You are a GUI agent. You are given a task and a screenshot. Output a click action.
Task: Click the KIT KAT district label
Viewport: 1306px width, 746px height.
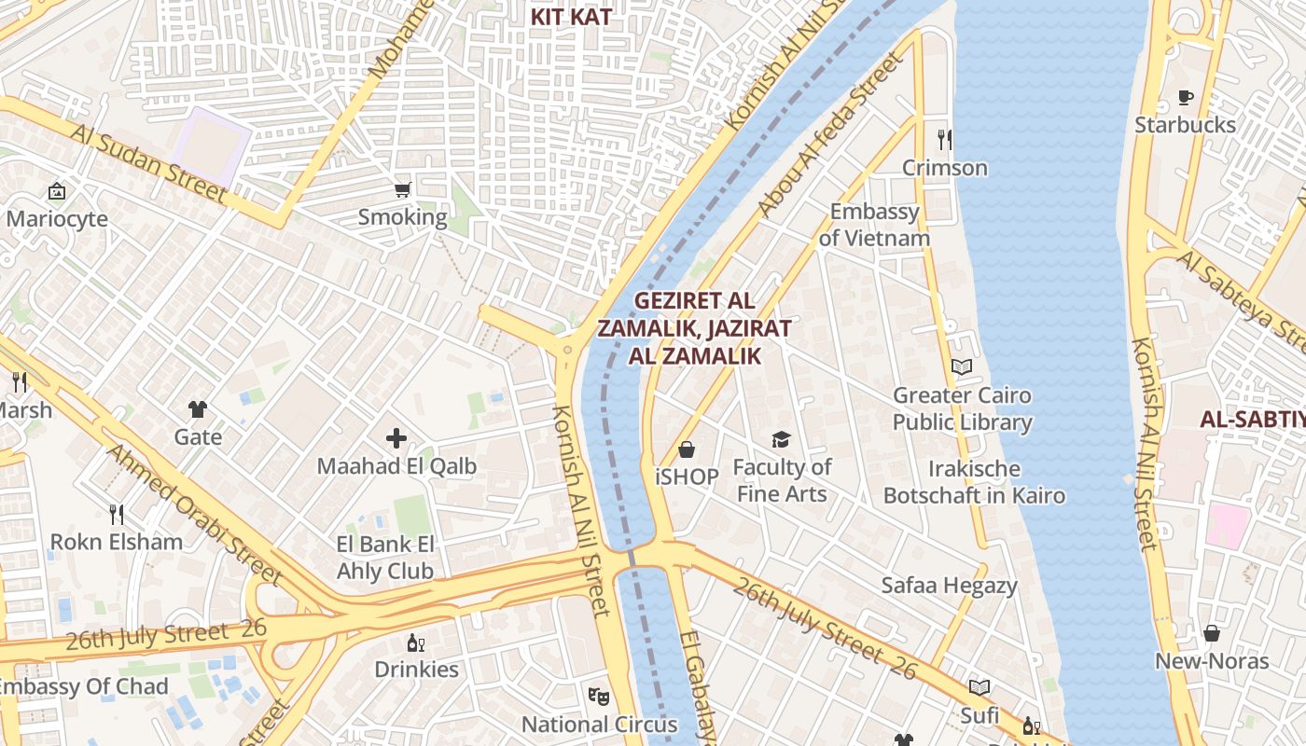(571, 17)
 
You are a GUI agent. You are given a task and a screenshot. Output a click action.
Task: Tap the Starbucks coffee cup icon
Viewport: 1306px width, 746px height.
(1186, 97)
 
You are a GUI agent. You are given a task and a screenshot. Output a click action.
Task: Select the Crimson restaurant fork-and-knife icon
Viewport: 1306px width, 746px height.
(945, 140)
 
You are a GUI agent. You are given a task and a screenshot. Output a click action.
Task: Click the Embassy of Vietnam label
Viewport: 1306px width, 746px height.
(874, 225)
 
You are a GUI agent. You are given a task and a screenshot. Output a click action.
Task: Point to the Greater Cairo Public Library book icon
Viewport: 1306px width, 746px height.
(962, 367)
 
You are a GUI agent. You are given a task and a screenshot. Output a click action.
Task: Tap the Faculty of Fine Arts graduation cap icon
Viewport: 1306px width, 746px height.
(781, 439)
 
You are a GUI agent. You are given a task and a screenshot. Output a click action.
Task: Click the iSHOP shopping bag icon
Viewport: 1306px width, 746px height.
(687, 450)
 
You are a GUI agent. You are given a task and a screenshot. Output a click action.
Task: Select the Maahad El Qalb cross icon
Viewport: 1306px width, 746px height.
(396, 437)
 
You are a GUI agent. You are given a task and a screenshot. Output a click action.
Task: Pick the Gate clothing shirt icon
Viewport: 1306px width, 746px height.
(198, 408)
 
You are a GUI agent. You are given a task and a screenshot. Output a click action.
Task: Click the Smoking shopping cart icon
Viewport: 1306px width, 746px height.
(402, 190)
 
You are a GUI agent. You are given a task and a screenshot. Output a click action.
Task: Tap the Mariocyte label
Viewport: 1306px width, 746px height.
(57, 219)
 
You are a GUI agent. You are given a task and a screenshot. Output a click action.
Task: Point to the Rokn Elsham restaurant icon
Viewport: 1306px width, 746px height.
(117, 514)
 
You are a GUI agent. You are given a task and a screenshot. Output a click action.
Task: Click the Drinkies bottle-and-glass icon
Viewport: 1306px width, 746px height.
(416, 642)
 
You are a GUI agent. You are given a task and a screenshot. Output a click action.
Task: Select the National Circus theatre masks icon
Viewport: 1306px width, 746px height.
(599, 696)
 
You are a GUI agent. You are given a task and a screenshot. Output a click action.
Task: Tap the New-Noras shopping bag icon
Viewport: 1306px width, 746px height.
(1212, 634)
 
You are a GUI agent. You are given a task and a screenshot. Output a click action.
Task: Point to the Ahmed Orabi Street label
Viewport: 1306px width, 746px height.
(193, 513)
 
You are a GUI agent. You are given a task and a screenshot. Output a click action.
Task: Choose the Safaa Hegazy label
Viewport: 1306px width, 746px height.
(949, 586)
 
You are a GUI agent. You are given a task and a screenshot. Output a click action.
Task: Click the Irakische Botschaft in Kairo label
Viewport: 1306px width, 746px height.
(974, 482)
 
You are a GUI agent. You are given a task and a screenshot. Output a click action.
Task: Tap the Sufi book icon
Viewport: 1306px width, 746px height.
(979, 688)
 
